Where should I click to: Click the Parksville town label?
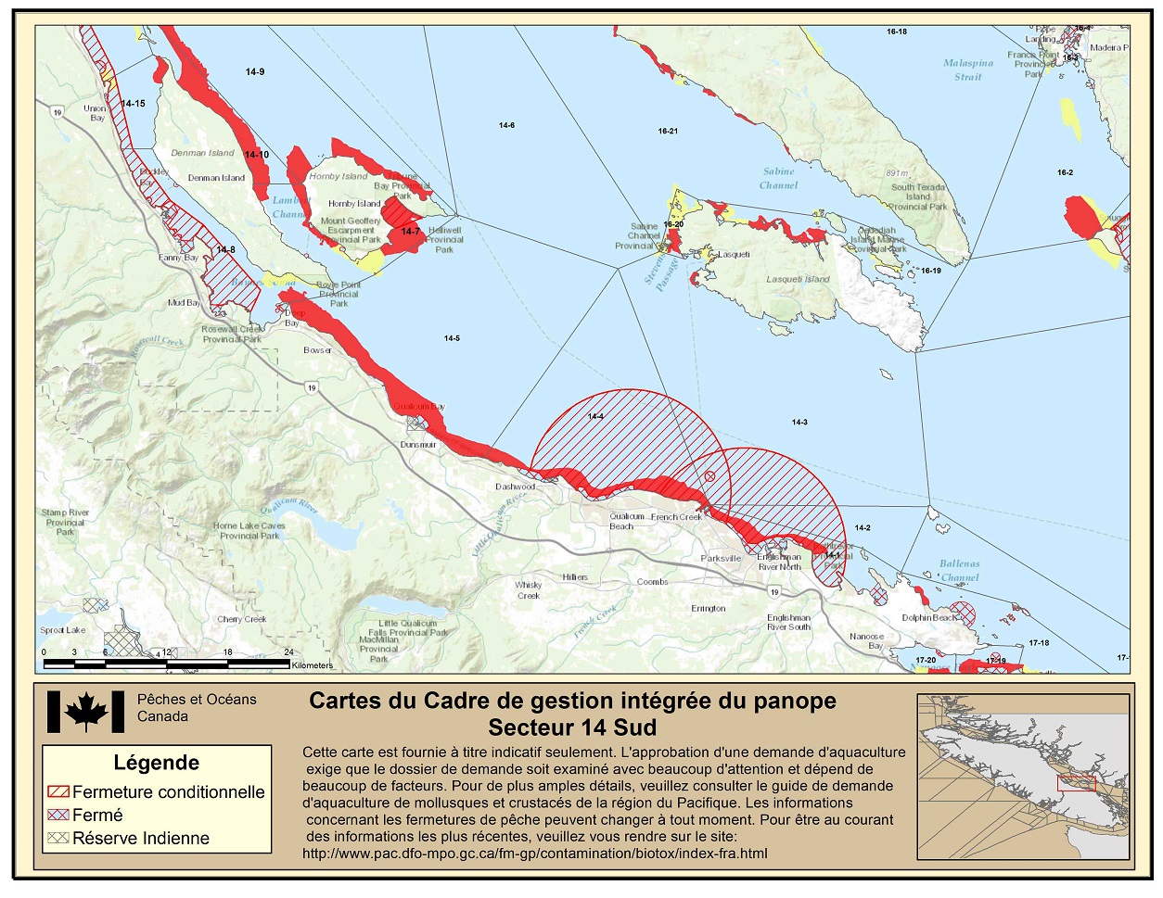tap(721, 559)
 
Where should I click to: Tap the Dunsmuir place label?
tap(418, 445)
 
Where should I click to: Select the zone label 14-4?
tap(595, 417)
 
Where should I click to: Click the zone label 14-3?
tap(799, 423)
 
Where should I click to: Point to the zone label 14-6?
tap(506, 126)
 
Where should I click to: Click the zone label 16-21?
tap(668, 132)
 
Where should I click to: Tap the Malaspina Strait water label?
tap(967, 70)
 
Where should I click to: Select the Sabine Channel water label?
tap(778, 178)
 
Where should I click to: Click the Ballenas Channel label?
tap(959, 570)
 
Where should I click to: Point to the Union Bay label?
tap(95, 113)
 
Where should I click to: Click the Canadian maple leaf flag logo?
tap(85, 713)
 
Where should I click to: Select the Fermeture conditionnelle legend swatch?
tap(58, 792)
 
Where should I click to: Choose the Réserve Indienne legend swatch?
tap(58, 838)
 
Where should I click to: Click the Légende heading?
tap(156, 763)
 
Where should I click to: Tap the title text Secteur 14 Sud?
tap(572, 727)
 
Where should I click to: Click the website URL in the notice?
tap(534, 853)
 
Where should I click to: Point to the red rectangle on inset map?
tap(1076, 783)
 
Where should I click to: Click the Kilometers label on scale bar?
tap(312, 665)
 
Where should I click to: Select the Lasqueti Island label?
tap(798, 280)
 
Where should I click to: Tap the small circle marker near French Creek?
tap(709, 476)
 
